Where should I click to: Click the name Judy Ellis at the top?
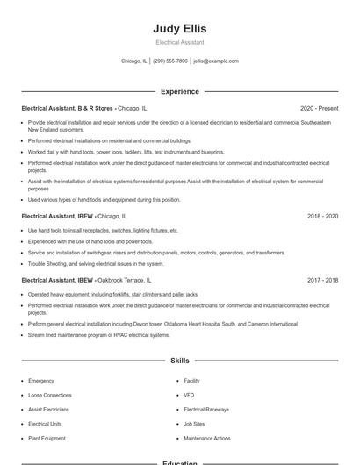click(x=179, y=28)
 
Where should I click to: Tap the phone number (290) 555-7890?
click(x=170, y=61)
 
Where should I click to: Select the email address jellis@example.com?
click(x=216, y=61)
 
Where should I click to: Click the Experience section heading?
click(x=179, y=91)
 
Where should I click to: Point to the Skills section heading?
click(x=179, y=361)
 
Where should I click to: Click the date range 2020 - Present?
click(x=319, y=108)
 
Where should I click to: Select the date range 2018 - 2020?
click(x=322, y=215)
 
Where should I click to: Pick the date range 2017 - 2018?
click(x=322, y=280)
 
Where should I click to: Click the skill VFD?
click(x=189, y=396)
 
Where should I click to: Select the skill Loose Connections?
click(x=50, y=396)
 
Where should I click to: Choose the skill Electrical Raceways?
click(x=206, y=410)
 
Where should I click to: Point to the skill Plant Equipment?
click(x=47, y=438)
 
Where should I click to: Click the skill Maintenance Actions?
click(x=207, y=438)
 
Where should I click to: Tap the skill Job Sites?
click(x=194, y=424)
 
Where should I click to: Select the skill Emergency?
click(x=41, y=381)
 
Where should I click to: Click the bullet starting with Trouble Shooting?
click(x=96, y=263)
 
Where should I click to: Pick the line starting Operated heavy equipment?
click(x=112, y=294)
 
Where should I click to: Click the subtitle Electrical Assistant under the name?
click(x=179, y=42)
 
